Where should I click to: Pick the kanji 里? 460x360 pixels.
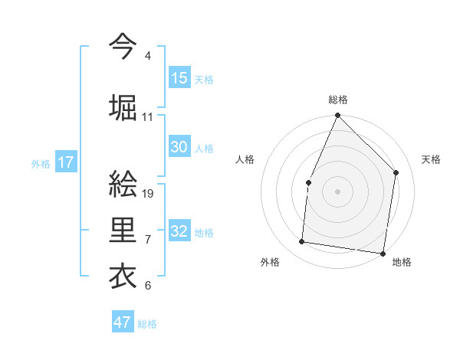123,229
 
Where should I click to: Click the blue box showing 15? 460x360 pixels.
179,78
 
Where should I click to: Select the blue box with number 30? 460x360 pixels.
179,147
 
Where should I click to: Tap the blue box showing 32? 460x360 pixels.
179,231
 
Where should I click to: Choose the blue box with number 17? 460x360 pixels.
65,162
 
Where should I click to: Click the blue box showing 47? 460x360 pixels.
123,322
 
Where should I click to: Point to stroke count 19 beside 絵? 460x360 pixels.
149,193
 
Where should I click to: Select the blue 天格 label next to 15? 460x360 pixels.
204,79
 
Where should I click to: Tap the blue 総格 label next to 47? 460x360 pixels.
147,324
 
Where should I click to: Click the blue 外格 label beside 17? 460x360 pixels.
41,163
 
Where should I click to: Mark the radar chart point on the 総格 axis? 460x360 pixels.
337,116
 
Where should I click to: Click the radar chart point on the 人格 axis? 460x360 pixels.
308,182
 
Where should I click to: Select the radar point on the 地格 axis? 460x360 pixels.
382,253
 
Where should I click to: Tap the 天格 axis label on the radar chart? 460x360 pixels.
432,159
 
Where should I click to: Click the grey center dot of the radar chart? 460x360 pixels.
337,191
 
